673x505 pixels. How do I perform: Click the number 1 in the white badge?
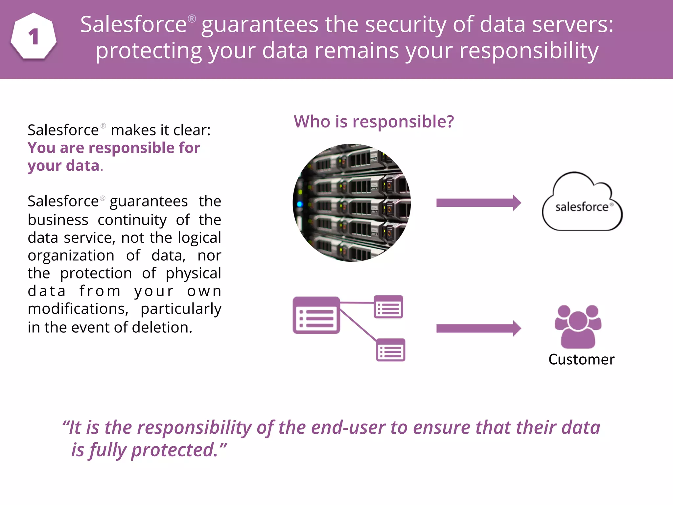click(34, 36)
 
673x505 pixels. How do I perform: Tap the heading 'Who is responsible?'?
click(374, 122)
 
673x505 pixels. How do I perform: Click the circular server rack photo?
click(352, 203)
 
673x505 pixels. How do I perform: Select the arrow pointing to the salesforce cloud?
click(478, 203)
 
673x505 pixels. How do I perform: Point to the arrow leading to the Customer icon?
click(478, 328)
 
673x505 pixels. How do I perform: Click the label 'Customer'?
click(581, 359)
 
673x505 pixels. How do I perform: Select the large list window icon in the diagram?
click(316, 315)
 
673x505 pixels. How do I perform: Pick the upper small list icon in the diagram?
click(388, 307)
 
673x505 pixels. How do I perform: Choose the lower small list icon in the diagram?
click(390, 350)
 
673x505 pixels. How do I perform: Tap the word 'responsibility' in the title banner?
click(529, 51)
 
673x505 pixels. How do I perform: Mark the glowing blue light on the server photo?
click(299, 204)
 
